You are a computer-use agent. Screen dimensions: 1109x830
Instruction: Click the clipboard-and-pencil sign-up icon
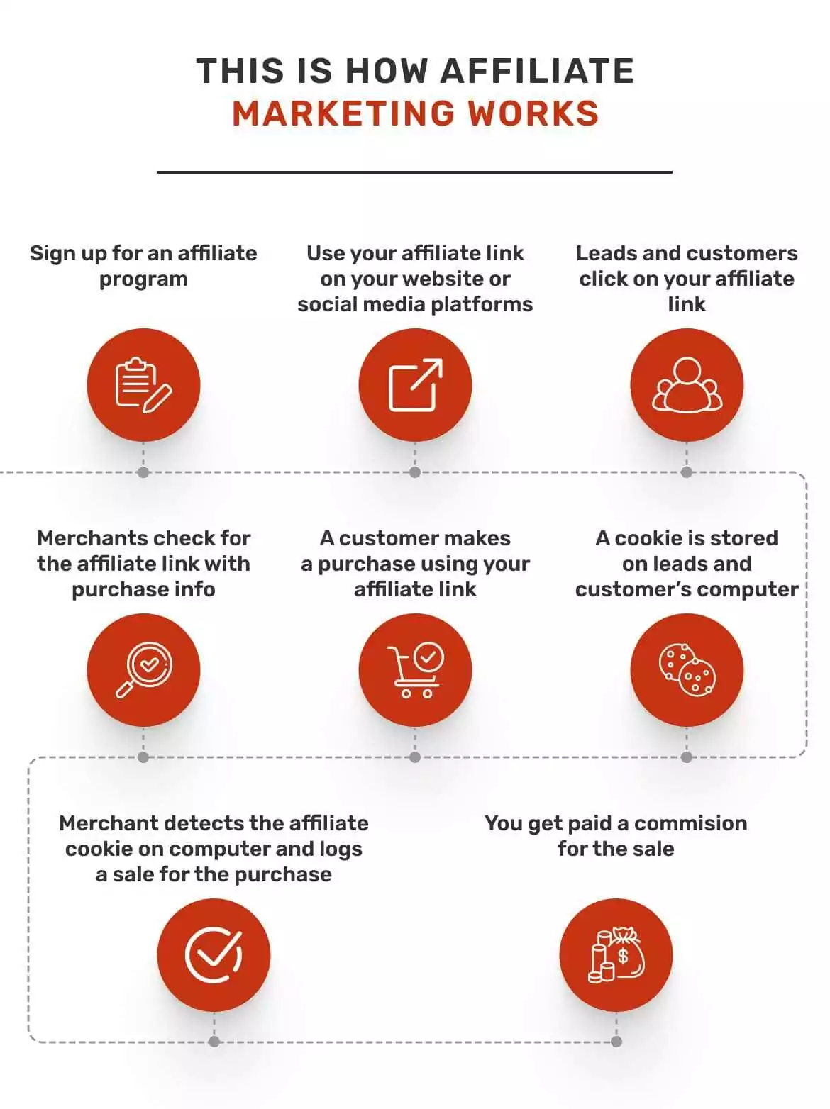[143, 385]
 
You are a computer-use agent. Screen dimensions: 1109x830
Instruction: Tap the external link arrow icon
[415, 385]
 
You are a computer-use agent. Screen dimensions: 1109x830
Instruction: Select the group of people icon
[687, 385]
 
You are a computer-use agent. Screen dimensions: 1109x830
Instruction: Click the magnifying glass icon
[143, 670]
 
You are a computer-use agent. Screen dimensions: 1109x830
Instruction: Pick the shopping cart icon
[415, 670]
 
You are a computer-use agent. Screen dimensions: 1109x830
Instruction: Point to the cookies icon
[687, 670]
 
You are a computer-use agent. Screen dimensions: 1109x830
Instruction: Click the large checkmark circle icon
[214, 954]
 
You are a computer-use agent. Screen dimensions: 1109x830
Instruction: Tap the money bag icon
[616, 954]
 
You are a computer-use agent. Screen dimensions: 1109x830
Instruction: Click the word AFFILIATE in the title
[537, 71]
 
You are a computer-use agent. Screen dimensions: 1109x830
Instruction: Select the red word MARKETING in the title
[343, 113]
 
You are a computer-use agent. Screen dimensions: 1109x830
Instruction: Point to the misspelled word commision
[690, 823]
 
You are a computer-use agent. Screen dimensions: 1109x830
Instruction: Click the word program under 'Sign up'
[143, 279]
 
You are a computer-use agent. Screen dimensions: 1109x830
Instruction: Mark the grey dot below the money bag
[616, 1042]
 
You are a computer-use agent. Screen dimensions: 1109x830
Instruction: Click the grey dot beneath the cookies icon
[687, 757]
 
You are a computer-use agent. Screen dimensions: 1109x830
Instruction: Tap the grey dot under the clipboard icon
[143, 472]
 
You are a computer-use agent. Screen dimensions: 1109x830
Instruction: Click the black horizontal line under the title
[414, 172]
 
